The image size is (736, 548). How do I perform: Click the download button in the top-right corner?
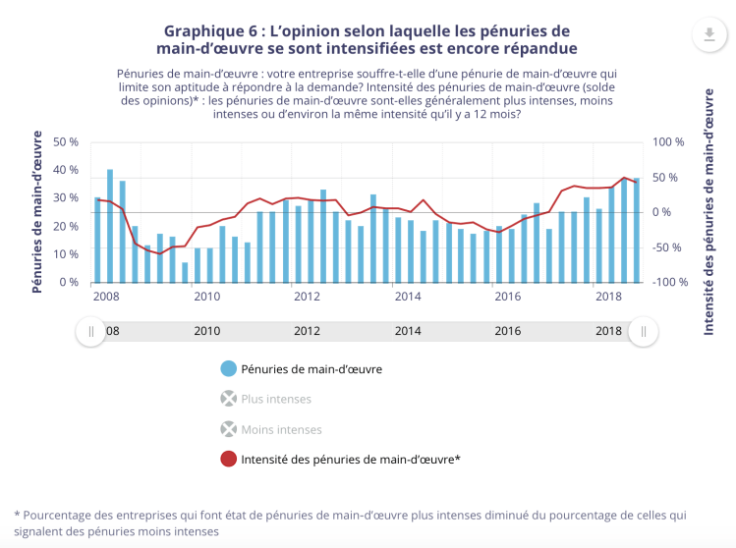(x=708, y=36)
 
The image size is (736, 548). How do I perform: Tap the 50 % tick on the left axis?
(x=66, y=142)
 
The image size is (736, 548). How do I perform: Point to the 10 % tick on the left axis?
(x=66, y=254)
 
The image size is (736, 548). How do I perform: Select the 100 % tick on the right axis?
(x=667, y=142)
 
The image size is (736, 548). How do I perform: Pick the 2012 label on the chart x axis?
(x=307, y=297)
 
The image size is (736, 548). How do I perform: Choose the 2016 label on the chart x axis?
(x=507, y=297)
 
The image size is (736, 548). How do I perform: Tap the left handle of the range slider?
(x=91, y=331)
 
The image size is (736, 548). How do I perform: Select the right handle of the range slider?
(x=644, y=331)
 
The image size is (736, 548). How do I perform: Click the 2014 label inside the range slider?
(x=407, y=331)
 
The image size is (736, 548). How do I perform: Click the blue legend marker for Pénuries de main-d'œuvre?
(x=229, y=369)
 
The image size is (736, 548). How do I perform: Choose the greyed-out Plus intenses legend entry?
(x=276, y=399)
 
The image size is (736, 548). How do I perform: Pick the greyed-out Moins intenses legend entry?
(x=280, y=429)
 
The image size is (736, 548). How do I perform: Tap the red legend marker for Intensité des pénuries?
(x=229, y=459)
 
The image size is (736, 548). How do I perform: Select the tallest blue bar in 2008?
(x=110, y=226)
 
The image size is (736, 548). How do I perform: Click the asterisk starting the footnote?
(x=18, y=515)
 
